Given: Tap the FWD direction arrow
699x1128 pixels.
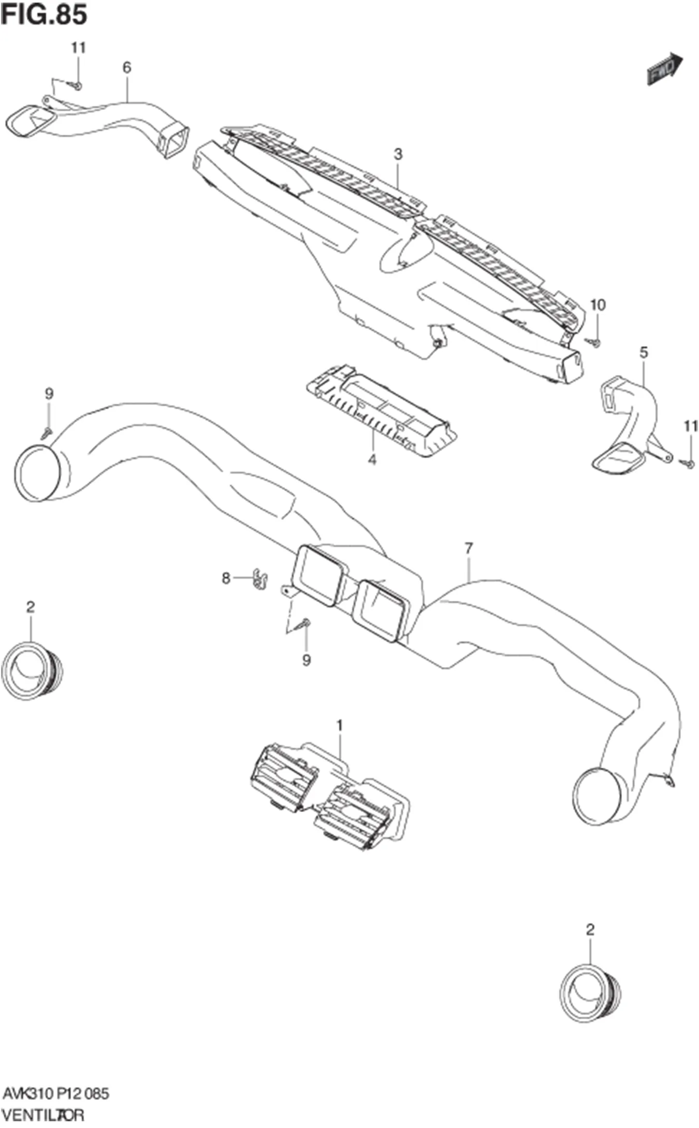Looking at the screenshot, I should [665, 68].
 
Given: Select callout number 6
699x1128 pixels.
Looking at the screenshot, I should [127, 67].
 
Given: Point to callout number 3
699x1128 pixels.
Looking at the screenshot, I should [398, 154].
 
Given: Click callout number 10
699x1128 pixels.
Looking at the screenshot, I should [598, 305].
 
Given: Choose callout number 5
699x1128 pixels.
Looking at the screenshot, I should [644, 353].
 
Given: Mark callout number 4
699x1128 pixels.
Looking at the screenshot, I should [372, 459].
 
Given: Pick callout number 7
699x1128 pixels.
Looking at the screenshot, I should [469, 548].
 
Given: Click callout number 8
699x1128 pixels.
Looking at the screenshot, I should [226, 578].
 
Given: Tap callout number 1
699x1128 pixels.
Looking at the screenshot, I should [340, 726].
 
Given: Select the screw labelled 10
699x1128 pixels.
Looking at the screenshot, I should [595, 342].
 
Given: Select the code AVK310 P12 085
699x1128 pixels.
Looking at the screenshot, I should [56, 1094].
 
